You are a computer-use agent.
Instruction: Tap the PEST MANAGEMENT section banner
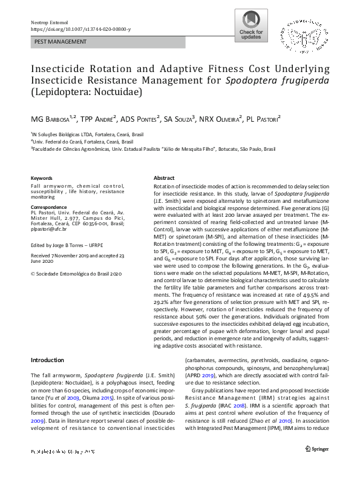pos(61,42)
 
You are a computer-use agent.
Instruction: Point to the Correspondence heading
pos(50,207)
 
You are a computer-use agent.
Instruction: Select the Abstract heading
pos(164,178)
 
